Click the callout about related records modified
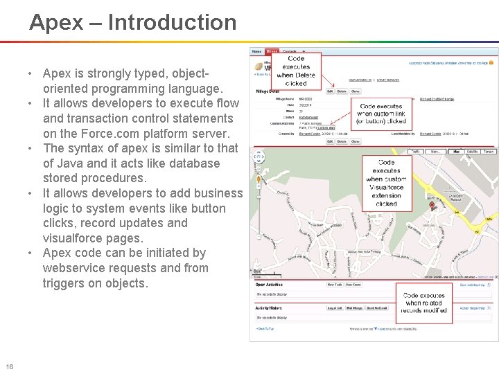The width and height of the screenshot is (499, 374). click(423, 303)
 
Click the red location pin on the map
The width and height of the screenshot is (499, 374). click(432, 205)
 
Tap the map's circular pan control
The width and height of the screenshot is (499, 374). click(259, 156)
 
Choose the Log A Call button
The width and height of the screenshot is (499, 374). click(334, 308)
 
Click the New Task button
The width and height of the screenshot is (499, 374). click(335, 284)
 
